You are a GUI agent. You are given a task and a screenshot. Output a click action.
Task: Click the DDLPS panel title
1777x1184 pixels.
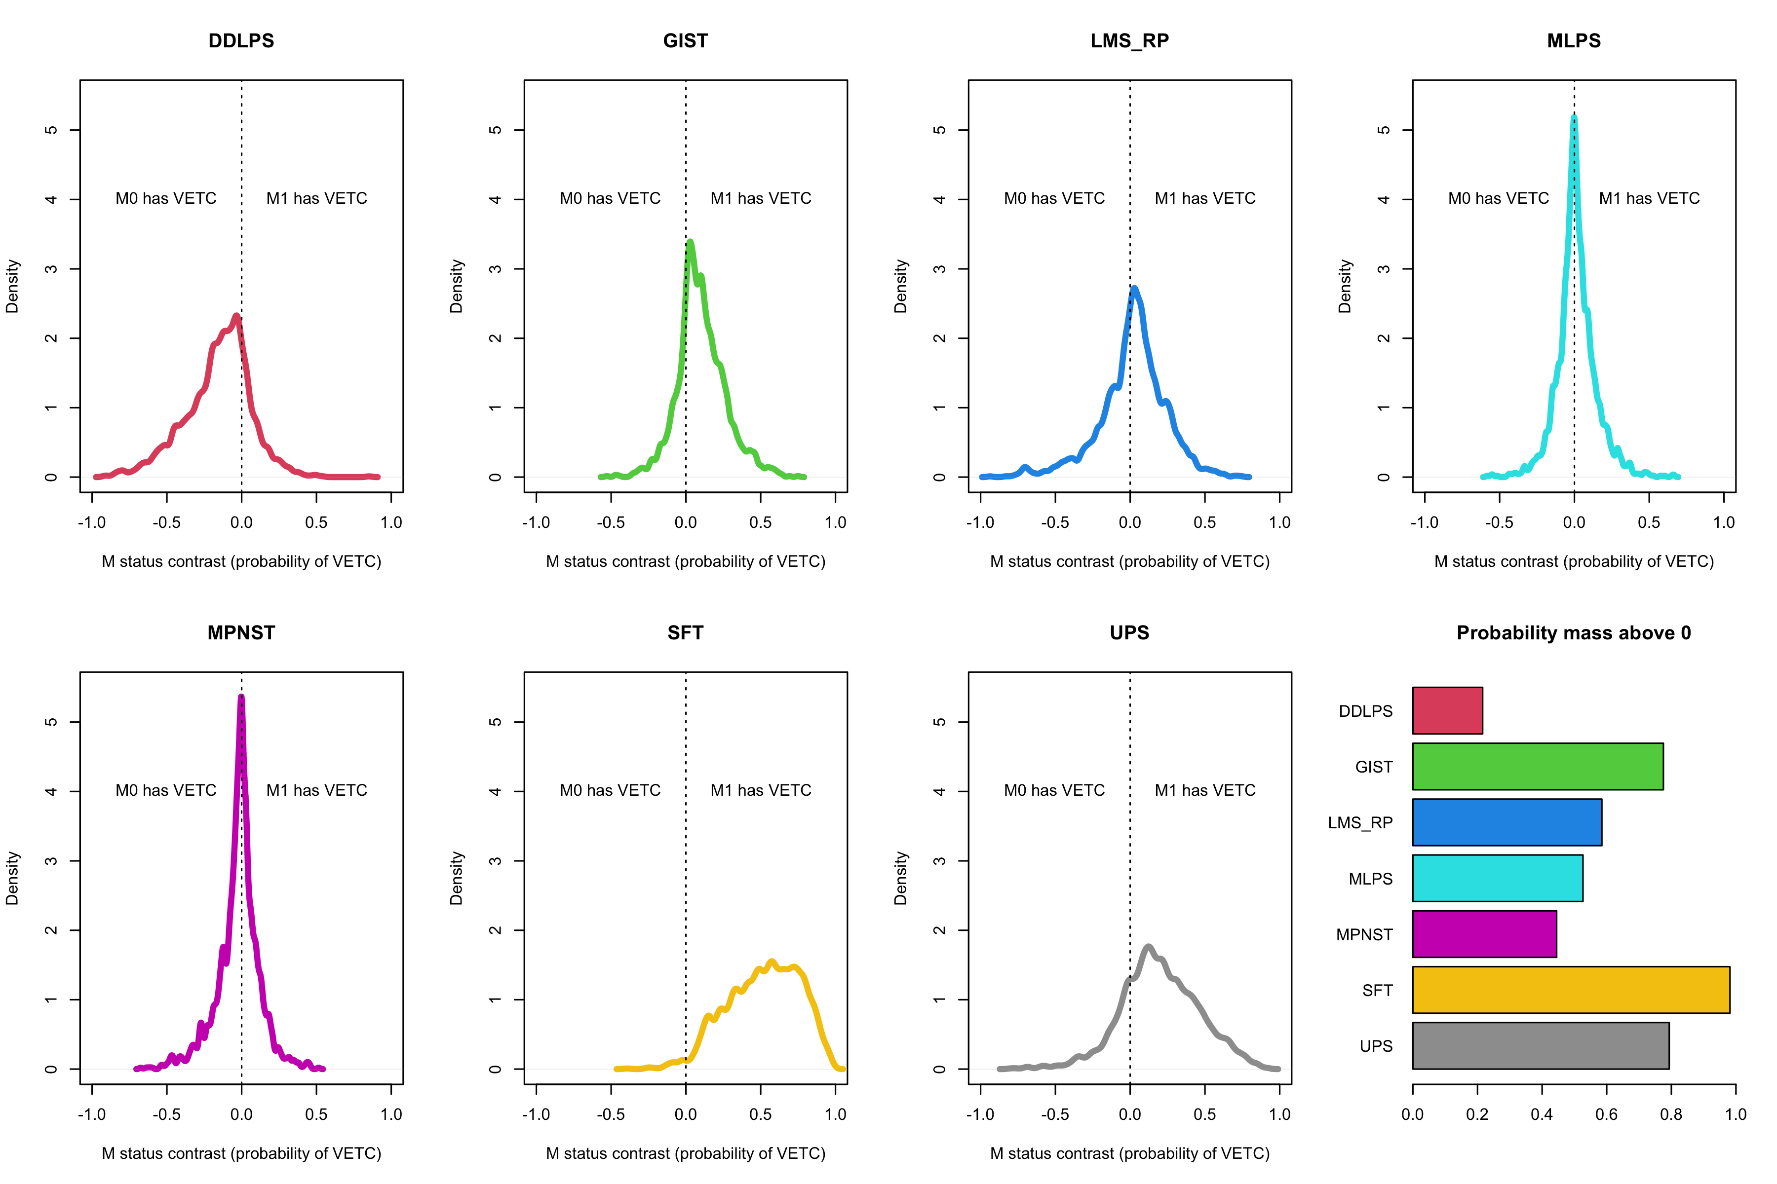(241, 41)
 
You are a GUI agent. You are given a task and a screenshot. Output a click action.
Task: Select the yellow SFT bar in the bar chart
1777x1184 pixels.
(1570, 990)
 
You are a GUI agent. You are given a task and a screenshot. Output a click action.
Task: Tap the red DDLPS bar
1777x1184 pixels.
(1447, 710)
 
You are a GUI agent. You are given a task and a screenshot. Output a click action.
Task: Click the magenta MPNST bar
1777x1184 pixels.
(1484, 934)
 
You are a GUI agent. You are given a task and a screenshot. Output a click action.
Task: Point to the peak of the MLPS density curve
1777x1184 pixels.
(1574, 117)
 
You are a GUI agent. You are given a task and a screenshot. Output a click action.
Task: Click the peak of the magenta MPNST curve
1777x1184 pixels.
(241, 697)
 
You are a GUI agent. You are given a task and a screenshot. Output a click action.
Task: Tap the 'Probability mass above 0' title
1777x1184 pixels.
(1573, 633)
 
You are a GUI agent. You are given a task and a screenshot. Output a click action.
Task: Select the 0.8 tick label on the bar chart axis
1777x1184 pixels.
(1670, 1114)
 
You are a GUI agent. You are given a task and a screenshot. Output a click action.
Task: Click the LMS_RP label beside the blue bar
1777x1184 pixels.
(1360, 823)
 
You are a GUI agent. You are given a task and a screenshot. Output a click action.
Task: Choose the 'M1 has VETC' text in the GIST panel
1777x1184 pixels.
(760, 199)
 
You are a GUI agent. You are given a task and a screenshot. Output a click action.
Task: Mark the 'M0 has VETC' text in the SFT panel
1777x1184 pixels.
(610, 791)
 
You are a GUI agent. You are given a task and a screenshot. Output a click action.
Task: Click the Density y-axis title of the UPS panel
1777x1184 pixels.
(900, 878)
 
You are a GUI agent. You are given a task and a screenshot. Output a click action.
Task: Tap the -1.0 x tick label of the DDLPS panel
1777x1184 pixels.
(92, 522)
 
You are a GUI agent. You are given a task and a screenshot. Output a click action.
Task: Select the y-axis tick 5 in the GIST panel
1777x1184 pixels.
(496, 130)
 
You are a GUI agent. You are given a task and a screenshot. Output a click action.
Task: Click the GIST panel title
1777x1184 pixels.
(685, 41)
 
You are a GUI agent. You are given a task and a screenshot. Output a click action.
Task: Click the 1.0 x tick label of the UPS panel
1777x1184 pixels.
(1279, 1114)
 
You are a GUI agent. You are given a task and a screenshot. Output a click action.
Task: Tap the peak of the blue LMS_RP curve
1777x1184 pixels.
(1134, 289)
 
